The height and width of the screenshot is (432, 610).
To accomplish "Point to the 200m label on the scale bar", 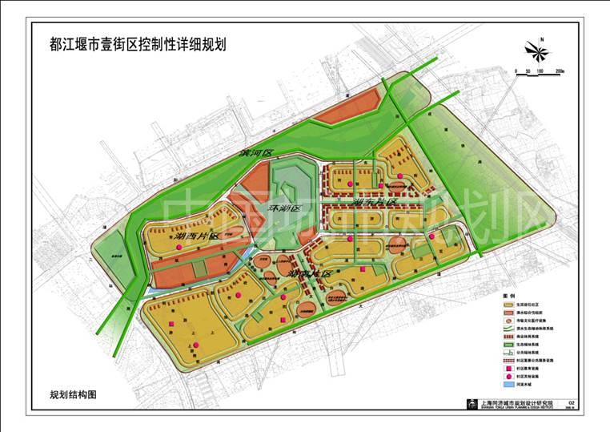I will click(x=559, y=72).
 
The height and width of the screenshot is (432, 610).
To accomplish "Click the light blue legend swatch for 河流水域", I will click(x=508, y=384).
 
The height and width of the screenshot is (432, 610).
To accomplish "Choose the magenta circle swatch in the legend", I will click(x=508, y=375).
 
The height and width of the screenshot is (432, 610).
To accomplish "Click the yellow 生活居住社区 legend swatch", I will click(x=508, y=305).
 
